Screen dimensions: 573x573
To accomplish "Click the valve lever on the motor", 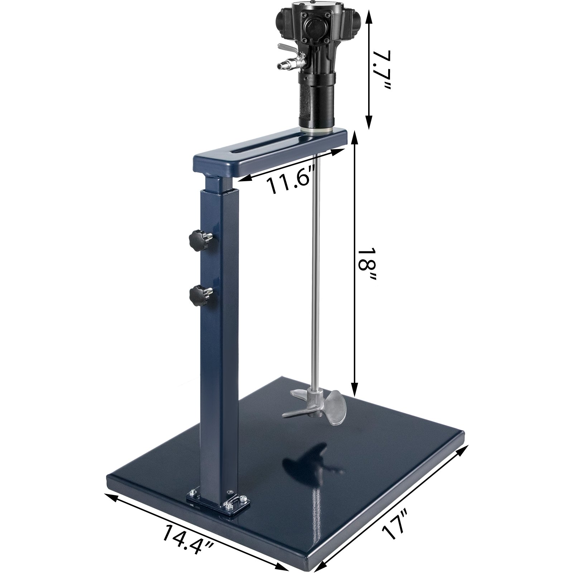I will [x=286, y=47].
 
